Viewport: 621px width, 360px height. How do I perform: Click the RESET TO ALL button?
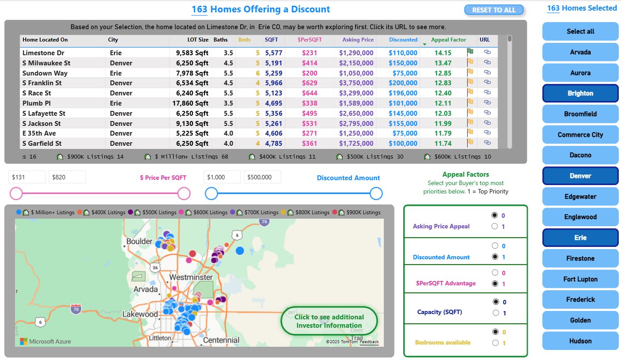[493, 10]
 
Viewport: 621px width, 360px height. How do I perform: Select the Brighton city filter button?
[580, 93]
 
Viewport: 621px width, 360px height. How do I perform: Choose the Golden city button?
[580, 320]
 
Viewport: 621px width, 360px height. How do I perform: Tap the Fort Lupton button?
[580, 279]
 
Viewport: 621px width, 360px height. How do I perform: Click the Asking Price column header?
[357, 40]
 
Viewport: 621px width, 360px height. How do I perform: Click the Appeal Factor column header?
[448, 40]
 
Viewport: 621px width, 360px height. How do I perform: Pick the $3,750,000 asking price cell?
[356, 83]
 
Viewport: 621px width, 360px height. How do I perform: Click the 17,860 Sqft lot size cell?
[190, 103]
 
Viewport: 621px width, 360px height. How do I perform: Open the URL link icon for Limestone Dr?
[487, 52]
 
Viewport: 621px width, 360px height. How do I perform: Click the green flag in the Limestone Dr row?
[470, 52]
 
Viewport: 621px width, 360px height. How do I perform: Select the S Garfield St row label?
[42, 144]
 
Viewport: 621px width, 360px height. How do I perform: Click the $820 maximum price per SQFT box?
[67, 177]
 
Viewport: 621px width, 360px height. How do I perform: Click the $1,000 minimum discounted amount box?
[222, 177]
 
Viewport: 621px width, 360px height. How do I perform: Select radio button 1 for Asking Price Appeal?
[495, 227]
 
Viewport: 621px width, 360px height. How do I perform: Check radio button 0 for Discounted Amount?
[495, 246]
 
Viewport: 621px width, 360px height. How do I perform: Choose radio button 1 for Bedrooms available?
[495, 343]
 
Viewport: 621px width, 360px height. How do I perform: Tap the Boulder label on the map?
[139, 242]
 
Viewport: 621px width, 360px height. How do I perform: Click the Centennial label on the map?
[221, 340]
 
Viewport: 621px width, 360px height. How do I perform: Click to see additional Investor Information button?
[329, 321]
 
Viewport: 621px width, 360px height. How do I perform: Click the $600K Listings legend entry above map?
[206, 212]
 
